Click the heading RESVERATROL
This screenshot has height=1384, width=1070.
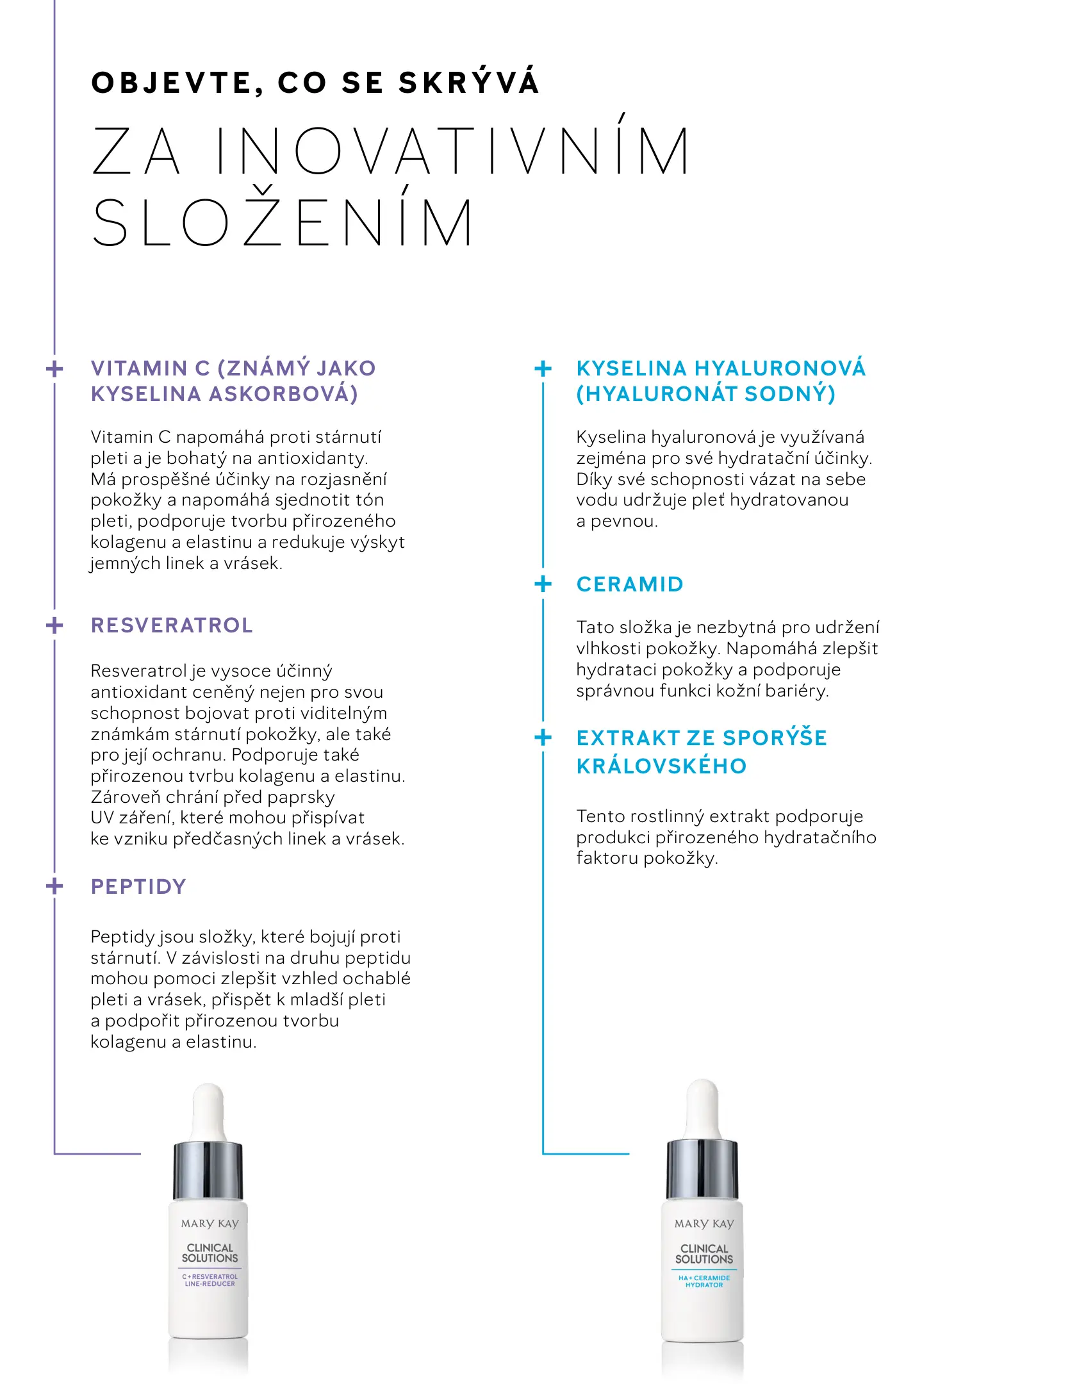[172, 625]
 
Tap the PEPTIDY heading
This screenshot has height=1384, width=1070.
[138, 887]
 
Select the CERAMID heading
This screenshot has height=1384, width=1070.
[630, 584]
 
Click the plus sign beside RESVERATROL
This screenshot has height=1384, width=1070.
[55, 625]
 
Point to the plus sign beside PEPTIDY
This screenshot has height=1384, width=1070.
[55, 887]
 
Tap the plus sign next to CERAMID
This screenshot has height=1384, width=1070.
[543, 584]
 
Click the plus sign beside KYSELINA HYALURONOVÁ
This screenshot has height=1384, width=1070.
[543, 368]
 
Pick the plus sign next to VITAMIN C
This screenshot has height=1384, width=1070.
[55, 368]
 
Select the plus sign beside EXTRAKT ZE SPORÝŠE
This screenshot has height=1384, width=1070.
[543, 737]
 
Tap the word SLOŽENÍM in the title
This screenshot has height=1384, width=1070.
[283, 222]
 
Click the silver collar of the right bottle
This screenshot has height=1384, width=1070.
[702, 1169]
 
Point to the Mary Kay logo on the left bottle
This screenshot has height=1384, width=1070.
[210, 1223]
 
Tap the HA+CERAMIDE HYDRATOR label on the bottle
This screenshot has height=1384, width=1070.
[704, 1281]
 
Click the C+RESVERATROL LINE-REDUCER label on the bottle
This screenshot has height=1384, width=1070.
[210, 1280]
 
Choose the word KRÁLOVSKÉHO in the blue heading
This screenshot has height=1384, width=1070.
[661, 766]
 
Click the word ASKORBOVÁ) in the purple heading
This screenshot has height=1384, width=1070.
[283, 394]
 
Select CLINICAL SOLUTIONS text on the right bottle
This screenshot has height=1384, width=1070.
[704, 1253]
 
